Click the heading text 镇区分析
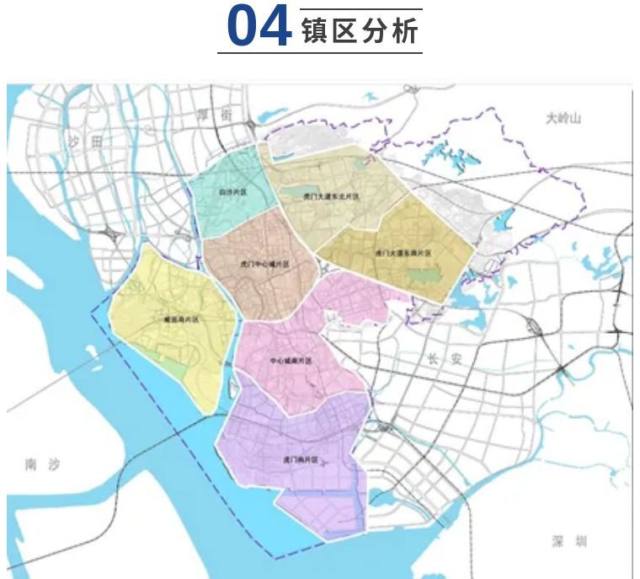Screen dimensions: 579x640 [x=359, y=31]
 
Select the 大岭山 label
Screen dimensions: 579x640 [x=563, y=119]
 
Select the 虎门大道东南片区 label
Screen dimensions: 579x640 [x=403, y=253]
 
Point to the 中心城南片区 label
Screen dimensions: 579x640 [x=291, y=361]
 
